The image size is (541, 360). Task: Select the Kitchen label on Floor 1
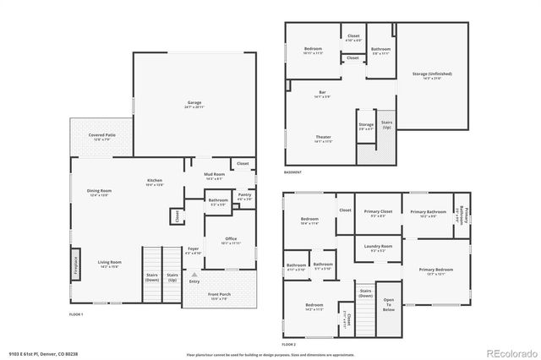tap(155, 182)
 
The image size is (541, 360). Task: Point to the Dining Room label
tap(100, 192)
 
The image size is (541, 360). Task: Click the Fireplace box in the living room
tap(74, 264)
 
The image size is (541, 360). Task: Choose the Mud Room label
tap(213, 176)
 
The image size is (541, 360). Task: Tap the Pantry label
tap(244, 196)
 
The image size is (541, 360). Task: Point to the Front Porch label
tap(219, 295)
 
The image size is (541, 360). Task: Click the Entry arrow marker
tap(194, 276)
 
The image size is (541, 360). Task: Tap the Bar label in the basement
tap(322, 93)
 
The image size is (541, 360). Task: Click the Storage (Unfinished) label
tap(432, 74)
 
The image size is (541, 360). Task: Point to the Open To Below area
tap(389, 305)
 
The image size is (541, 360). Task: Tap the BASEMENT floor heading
tap(292, 172)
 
